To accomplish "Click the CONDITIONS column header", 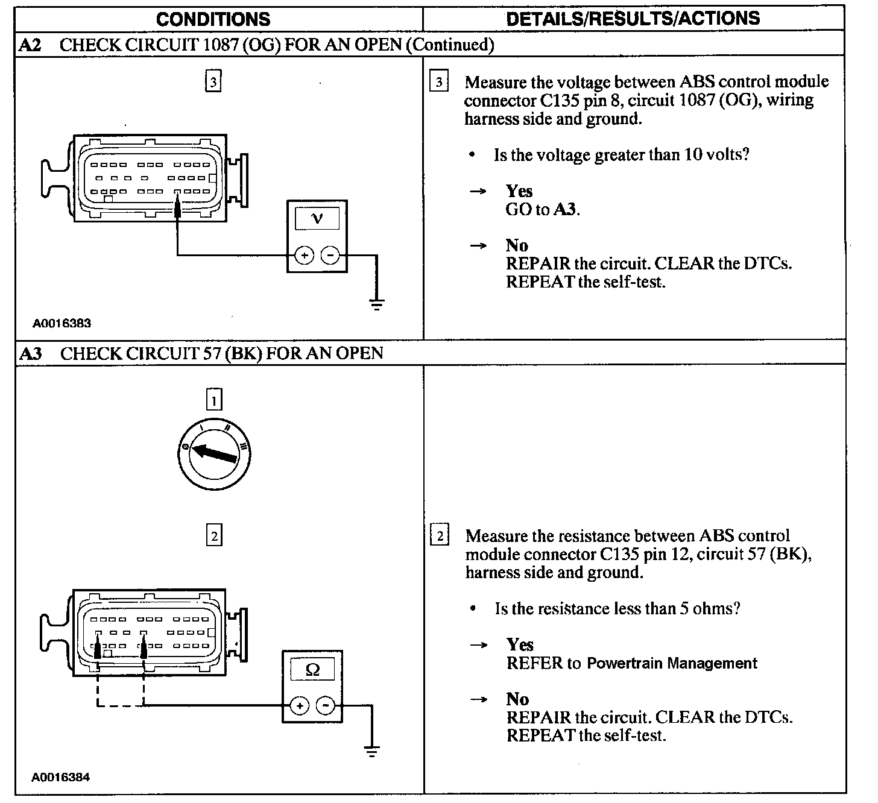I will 213,19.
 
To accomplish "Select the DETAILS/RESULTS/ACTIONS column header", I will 633,19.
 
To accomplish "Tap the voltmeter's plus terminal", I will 304,256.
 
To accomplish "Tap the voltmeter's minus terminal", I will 330,256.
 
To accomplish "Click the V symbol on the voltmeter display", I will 317,218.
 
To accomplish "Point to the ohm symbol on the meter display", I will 312,669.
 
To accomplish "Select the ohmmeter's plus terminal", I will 300,705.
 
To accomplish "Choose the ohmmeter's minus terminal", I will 326,705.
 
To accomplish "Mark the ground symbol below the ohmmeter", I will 372,751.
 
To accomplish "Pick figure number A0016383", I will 62,323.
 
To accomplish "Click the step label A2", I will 31,45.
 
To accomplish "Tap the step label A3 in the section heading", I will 31,353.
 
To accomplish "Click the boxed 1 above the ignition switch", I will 214,400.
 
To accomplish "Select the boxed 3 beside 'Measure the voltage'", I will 439,82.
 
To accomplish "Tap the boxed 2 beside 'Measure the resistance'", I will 440,536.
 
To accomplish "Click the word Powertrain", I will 621,664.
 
